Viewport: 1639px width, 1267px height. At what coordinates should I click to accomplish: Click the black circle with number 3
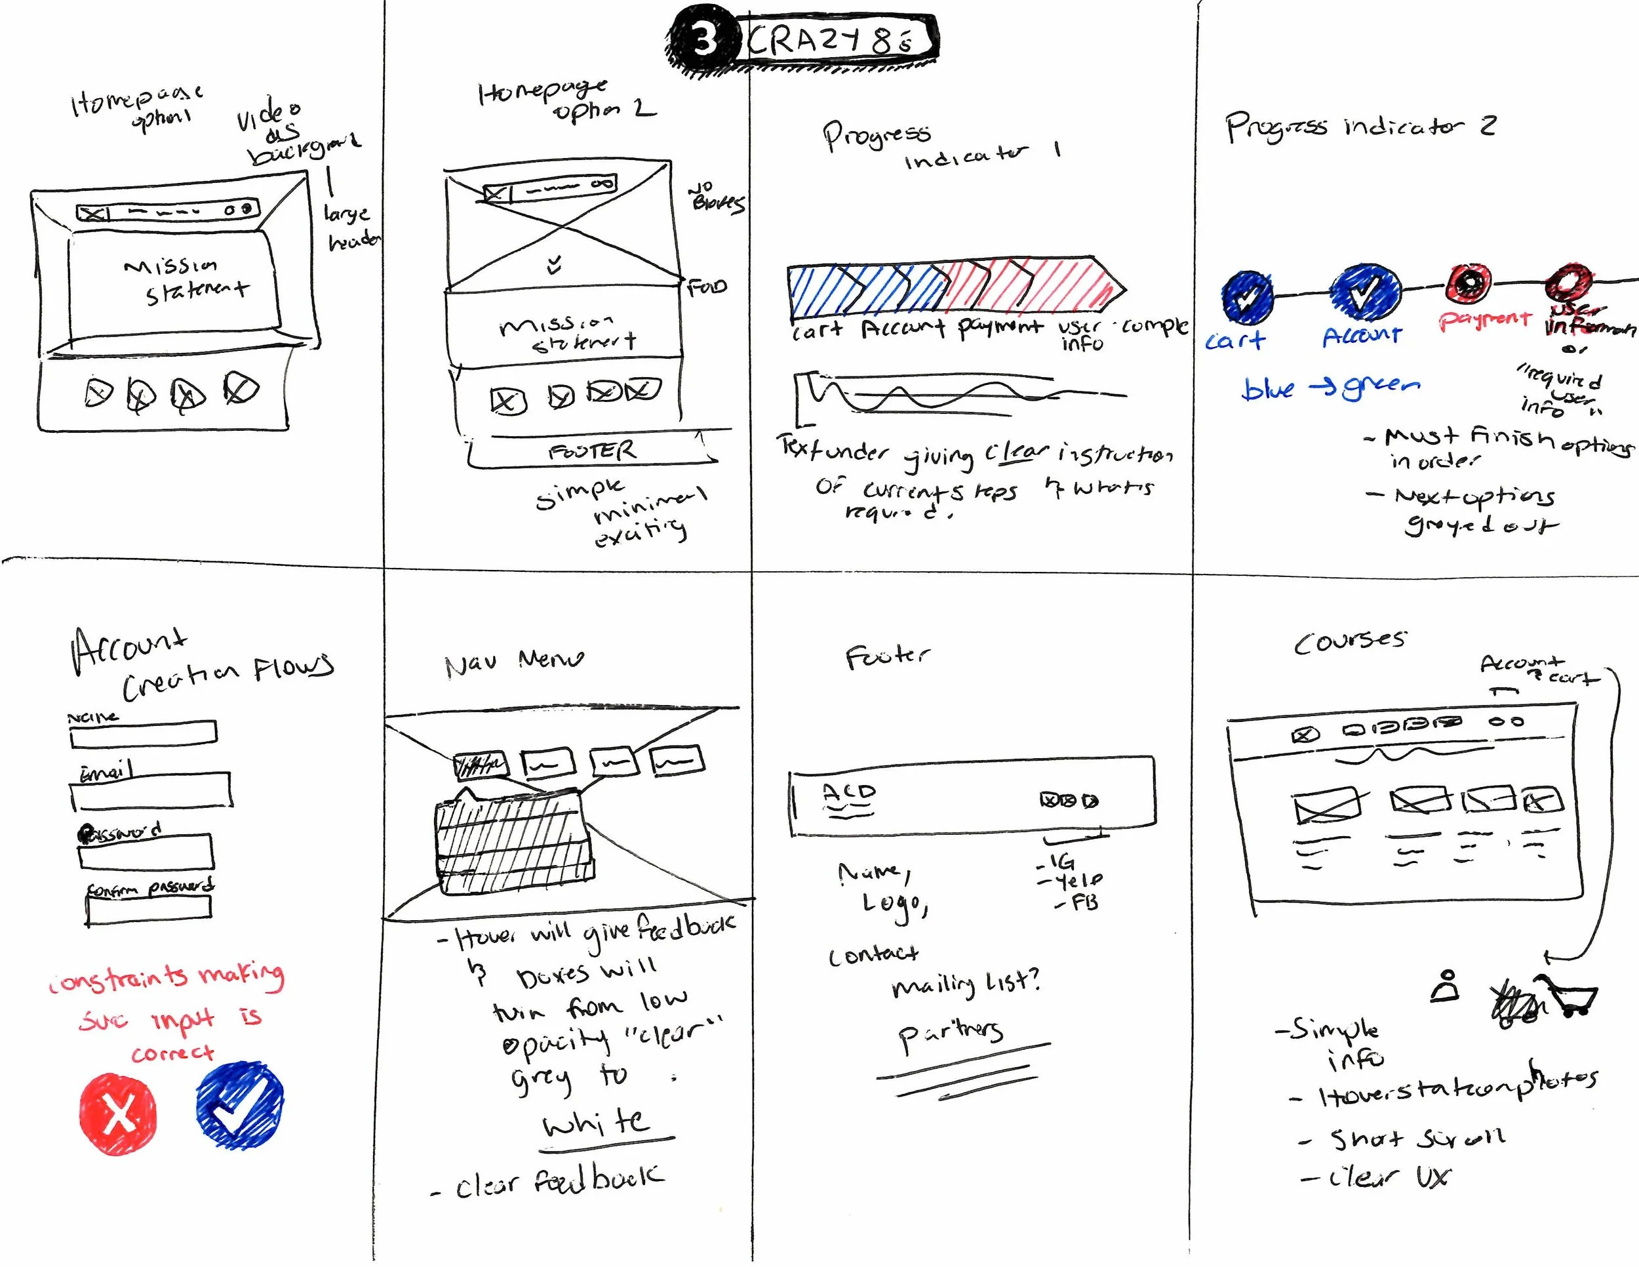pyautogui.click(x=701, y=37)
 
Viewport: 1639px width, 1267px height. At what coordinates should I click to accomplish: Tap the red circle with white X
pyautogui.click(x=119, y=1113)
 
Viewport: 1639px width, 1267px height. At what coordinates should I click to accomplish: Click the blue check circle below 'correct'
pyautogui.click(x=239, y=1104)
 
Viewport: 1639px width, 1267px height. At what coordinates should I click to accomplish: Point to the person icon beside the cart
pyautogui.click(x=1446, y=987)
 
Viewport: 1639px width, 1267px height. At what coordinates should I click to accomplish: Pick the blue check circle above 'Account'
pyautogui.click(x=1365, y=292)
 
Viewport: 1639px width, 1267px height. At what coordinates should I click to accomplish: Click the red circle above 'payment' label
pyautogui.click(x=1469, y=283)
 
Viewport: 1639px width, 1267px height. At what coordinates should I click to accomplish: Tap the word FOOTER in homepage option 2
pyautogui.click(x=592, y=451)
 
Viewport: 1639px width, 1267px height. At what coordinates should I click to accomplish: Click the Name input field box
pyautogui.click(x=144, y=733)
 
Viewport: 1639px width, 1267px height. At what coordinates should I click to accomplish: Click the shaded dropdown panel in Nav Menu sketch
pyautogui.click(x=514, y=845)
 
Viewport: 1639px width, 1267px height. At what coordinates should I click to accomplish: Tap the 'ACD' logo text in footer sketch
pyautogui.click(x=848, y=792)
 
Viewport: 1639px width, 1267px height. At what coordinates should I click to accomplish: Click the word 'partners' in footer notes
pyautogui.click(x=950, y=1034)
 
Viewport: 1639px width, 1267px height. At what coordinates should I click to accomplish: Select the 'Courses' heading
pyautogui.click(x=1349, y=642)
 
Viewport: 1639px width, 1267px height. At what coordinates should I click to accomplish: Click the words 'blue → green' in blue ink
pyautogui.click(x=1330, y=388)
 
